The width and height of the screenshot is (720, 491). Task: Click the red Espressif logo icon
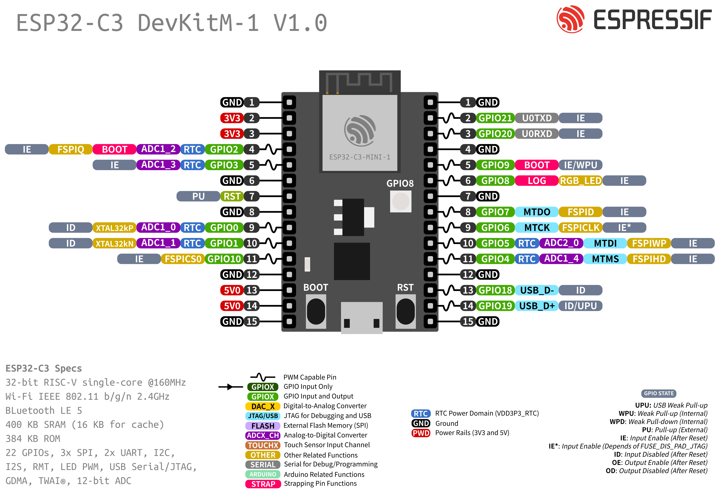click(x=570, y=19)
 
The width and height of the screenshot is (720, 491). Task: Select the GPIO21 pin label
click(x=495, y=118)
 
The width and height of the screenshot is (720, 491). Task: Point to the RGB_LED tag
click(x=580, y=181)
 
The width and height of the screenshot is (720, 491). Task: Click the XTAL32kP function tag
click(x=114, y=228)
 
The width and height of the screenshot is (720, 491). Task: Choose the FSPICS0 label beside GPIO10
click(x=183, y=259)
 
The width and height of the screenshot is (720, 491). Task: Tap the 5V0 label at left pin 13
click(x=232, y=290)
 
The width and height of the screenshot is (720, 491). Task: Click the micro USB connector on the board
click(x=361, y=318)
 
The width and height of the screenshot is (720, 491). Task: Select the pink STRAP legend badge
click(x=263, y=484)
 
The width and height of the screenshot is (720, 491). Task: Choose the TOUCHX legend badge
click(x=263, y=445)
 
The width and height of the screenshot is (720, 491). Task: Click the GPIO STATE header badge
click(x=659, y=393)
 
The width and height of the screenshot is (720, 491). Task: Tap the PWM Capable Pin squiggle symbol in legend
click(x=263, y=377)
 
